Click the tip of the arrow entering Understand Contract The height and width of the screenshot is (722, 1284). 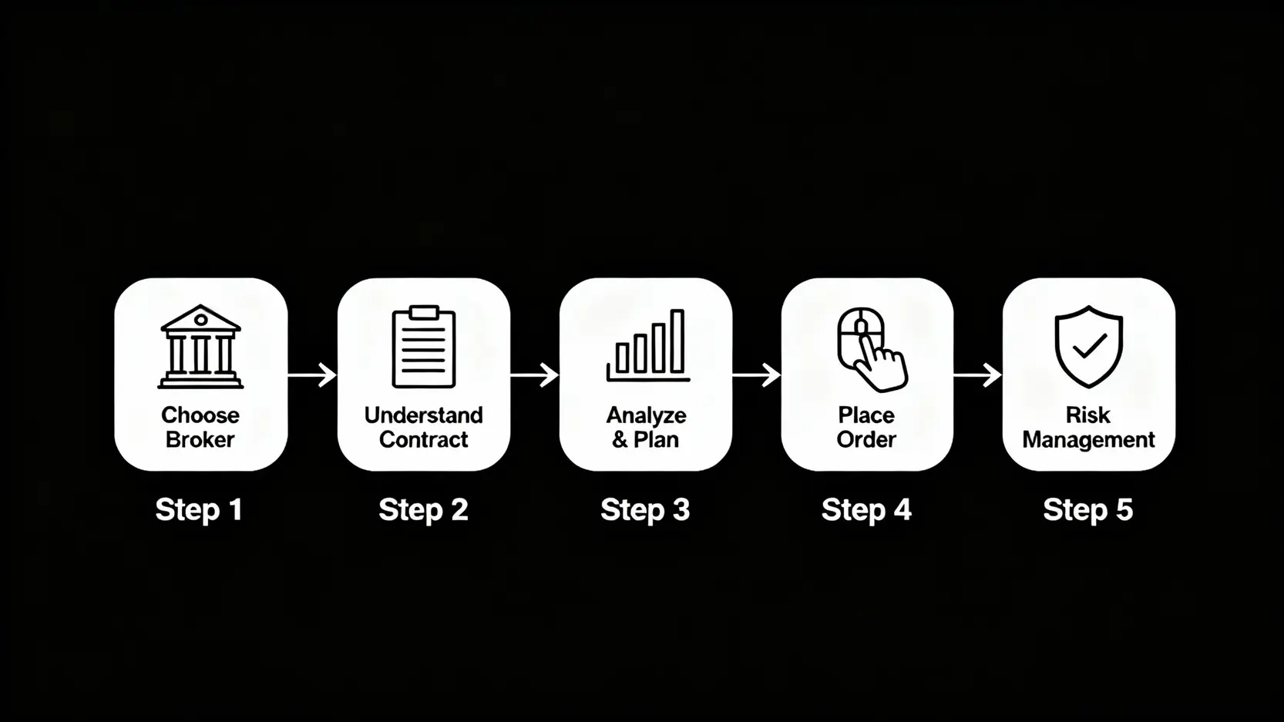337,375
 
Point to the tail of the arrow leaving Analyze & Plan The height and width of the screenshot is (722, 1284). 733,375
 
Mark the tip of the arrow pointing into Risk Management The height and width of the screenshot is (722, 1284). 1001,375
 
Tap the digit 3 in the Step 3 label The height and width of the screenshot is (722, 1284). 681,509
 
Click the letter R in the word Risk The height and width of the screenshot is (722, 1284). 1073,415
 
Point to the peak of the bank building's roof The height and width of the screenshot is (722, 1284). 200,305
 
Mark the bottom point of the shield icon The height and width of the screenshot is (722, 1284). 1088,388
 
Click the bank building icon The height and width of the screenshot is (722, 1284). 200,347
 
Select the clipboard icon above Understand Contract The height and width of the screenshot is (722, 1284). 424,347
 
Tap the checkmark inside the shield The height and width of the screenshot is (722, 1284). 1089,346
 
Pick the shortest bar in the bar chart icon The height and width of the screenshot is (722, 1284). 623,358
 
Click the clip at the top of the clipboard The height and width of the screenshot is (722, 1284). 424,312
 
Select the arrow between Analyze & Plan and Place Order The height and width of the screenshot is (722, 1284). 757,375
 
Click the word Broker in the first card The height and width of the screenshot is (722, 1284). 200,439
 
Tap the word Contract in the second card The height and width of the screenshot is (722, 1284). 424,439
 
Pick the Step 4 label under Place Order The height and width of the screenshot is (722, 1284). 866,510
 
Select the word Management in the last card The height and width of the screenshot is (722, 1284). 1088,440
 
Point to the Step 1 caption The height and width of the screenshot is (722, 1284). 199,510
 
